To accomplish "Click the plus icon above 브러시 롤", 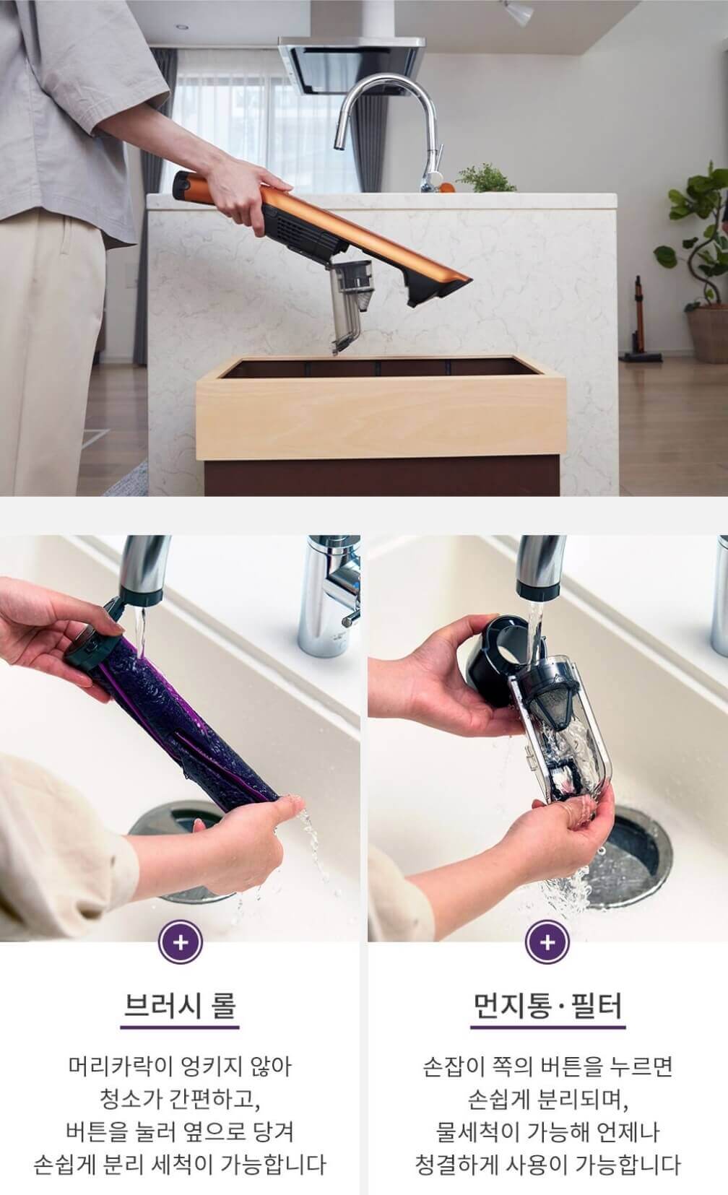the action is [x=181, y=942].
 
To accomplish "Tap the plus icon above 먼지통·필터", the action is [x=547, y=942].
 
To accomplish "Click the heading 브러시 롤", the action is [x=180, y=1004].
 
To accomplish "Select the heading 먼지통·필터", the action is [x=547, y=1004].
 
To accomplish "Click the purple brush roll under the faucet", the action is [x=181, y=726].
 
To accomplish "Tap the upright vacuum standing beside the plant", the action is [x=638, y=319].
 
